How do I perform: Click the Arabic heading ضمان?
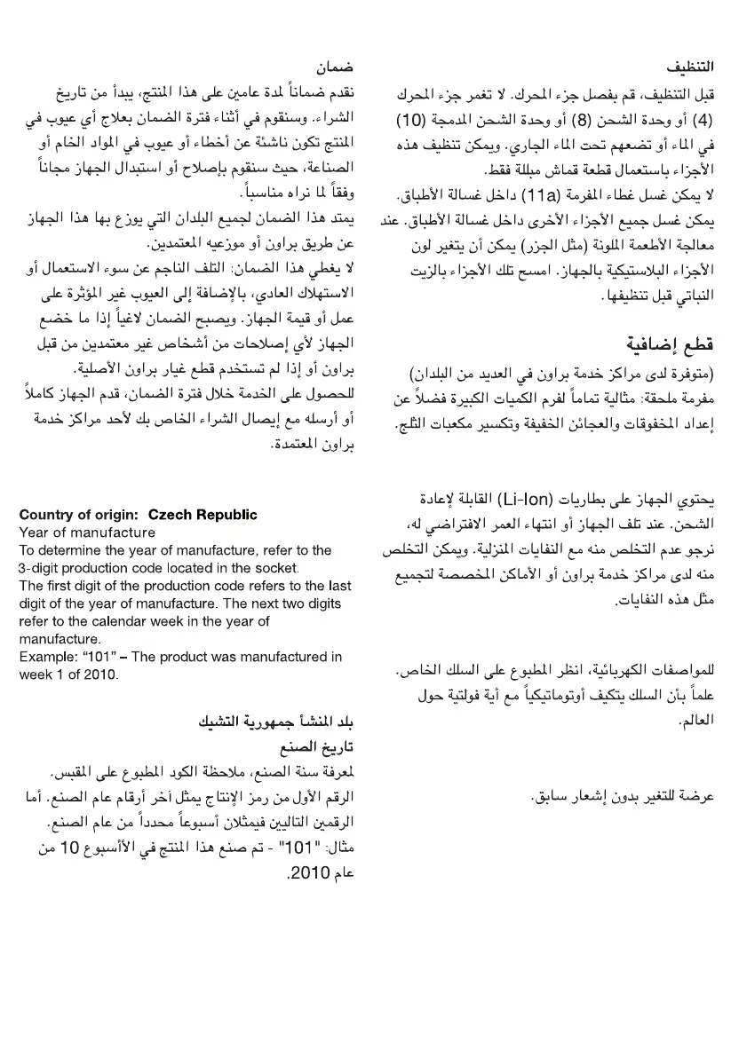click(x=336, y=67)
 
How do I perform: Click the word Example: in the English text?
click(x=47, y=657)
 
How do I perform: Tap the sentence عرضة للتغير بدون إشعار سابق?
click(x=626, y=795)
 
